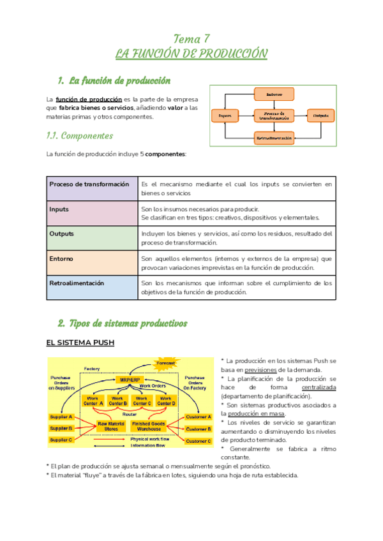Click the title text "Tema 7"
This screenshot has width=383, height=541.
191,39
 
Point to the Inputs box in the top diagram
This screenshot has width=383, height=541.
225,115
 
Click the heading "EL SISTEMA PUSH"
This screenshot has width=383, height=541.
80,343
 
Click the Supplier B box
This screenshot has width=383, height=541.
62,428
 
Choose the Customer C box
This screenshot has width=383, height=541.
199,440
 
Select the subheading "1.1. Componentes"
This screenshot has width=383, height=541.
80,136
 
